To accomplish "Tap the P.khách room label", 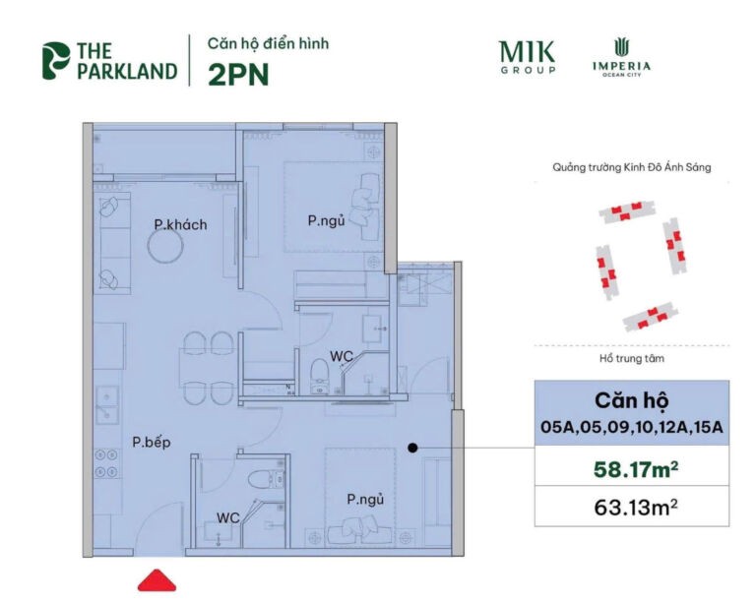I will click(x=180, y=225).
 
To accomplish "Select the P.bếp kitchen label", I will click(x=151, y=443).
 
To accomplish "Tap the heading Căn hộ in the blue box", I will click(x=631, y=401).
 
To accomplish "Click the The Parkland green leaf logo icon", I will click(x=55, y=60).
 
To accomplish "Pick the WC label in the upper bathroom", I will click(x=341, y=356).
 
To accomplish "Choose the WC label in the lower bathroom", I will click(x=228, y=516).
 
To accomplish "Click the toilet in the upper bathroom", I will click(x=318, y=373).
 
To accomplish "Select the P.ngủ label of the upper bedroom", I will click(x=326, y=221).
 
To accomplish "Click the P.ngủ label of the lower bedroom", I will click(x=364, y=501).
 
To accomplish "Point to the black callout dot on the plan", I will click(x=413, y=448).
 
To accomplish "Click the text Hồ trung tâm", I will click(x=631, y=359).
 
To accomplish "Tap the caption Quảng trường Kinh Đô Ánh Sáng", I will click(x=631, y=168).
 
